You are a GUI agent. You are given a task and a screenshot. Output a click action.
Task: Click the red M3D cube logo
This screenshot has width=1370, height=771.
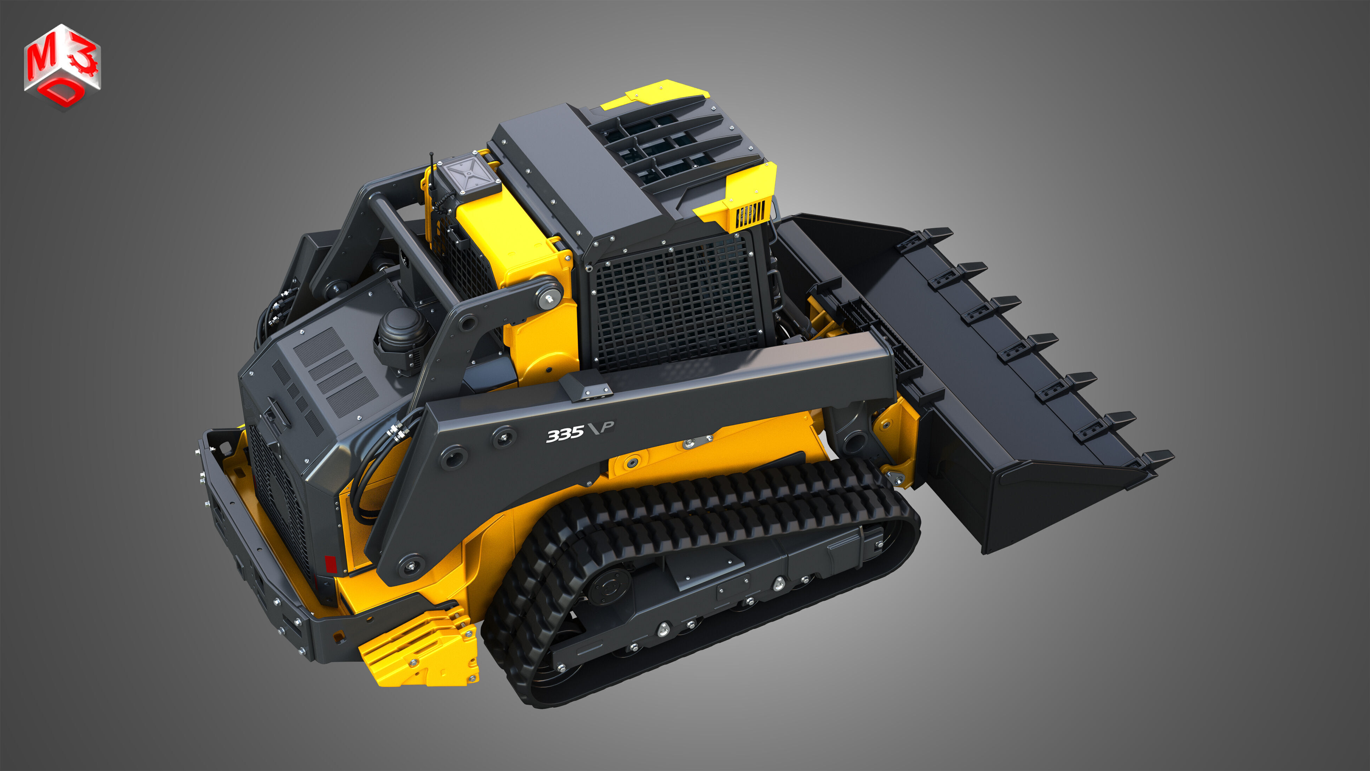pos(62,66)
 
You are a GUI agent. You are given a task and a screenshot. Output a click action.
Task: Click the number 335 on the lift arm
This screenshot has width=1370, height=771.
pos(565,434)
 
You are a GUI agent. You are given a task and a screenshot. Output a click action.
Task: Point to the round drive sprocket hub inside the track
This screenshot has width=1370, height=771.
pos(609,588)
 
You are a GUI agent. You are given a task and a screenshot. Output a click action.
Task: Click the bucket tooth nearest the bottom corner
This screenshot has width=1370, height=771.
pos(1157,459)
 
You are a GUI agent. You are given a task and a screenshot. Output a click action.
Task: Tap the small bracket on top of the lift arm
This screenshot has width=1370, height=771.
pos(588,386)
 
